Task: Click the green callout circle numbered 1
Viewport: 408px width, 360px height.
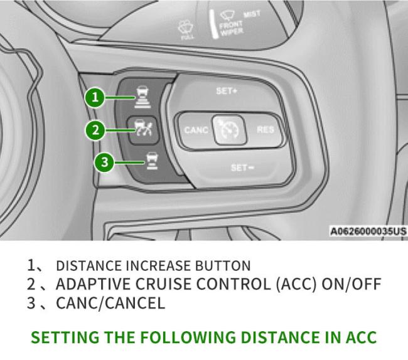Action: coord(95,98)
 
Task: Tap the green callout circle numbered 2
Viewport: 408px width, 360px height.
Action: coord(95,130)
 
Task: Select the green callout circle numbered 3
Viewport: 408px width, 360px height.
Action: coord(104,162)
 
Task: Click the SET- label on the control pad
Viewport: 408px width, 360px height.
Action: coord(242,167)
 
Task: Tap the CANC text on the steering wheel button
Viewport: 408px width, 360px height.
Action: coord(196,130)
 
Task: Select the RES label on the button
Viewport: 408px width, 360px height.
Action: coord(266,129)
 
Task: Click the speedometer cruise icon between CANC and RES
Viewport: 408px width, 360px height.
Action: coord(229,129)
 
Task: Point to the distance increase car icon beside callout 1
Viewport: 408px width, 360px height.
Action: coord(143,97)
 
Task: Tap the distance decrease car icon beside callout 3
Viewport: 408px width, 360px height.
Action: coord(153,161)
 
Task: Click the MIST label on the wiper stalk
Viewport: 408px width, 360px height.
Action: coord(252,14)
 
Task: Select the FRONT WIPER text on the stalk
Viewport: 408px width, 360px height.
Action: coord(231,29)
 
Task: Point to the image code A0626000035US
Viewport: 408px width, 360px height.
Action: coord(368,231)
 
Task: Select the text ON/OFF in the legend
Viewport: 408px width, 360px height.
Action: coord(352,284)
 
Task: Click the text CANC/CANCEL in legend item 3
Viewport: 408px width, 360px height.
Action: coord(110,303)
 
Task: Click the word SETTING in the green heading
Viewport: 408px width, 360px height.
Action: coord(65,337)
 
